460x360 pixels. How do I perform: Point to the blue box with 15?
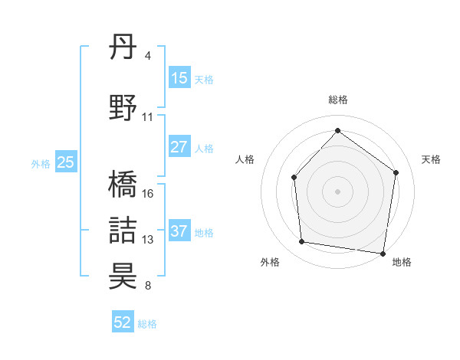(x=179, y=78)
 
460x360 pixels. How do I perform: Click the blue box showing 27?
(x=179, y=147)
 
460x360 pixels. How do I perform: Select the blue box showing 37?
(x=179, y=231)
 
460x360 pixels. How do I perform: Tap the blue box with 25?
(x=66, y=162)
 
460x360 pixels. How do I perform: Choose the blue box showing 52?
(x=123, y=322)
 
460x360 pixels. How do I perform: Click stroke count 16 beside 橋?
(x=148, y=194)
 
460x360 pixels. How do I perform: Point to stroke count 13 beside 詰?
(x=148, y=240)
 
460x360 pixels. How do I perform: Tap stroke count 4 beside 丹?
(x=147, y=56)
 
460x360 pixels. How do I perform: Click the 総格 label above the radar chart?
(x=337, y=100)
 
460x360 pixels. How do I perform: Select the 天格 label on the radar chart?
(x=431, y=159)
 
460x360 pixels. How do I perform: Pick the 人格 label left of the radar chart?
(x=245, y=159)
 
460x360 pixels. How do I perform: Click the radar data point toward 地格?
(x=383, y=253)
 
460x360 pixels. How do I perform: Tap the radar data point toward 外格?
(x=302, y=242)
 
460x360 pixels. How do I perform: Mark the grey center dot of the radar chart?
(x=337, y=191)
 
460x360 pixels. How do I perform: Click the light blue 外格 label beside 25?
(x=41, y=163)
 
